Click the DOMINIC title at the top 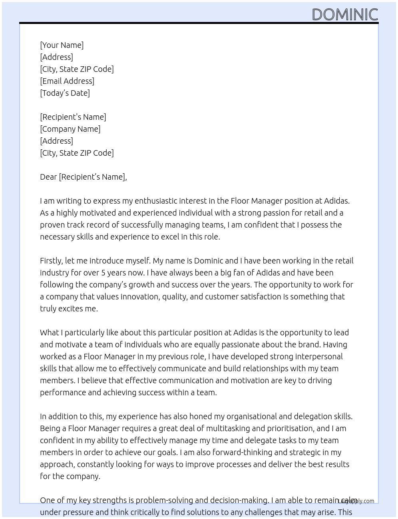344,14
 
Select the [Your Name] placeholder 62,45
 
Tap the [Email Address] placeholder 67,81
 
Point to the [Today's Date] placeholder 65,93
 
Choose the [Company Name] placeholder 70,129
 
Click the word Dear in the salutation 48,177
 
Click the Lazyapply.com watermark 356,501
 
